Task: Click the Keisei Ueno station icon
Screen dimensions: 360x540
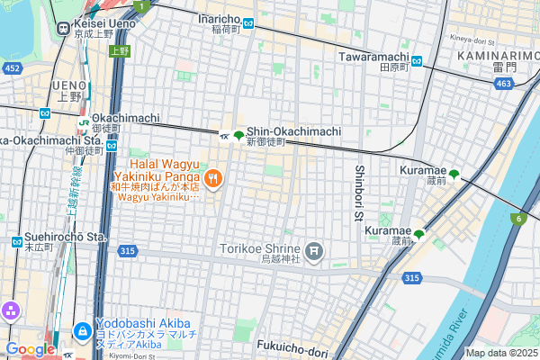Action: coord(64,28)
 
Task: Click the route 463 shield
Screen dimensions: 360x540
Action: coord(504,84)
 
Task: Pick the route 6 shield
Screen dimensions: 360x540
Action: coord(519,219)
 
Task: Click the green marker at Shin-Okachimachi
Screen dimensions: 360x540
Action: coord(238,136)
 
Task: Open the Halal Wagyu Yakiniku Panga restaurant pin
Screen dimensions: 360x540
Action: coord(213,178)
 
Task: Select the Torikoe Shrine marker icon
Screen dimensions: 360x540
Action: coord(314,250)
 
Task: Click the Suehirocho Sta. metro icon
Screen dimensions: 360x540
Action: coord(16,241)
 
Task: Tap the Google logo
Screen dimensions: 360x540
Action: coord(29,349)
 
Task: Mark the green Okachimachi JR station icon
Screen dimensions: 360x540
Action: coord(83,123)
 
